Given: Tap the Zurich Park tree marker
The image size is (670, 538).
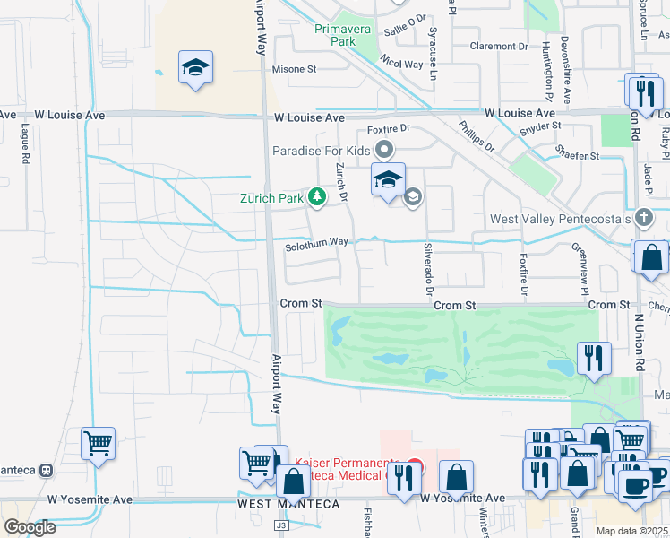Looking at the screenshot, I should point(315,196).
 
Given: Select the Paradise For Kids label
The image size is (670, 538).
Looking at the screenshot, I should point(322,150).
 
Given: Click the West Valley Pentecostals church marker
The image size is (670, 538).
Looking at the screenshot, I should point(643,218).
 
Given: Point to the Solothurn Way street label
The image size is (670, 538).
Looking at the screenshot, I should point(316,242).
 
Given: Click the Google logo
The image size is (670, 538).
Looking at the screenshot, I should point(30,526).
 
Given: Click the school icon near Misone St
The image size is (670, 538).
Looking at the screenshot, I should point(195,68).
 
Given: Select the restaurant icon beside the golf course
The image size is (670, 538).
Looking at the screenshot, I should point(594,358).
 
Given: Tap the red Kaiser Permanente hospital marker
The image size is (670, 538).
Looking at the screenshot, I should point(413,467).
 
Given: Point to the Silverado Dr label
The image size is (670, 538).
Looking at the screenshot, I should point(427,273).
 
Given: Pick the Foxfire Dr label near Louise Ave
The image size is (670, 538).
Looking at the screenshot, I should point(387,128).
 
